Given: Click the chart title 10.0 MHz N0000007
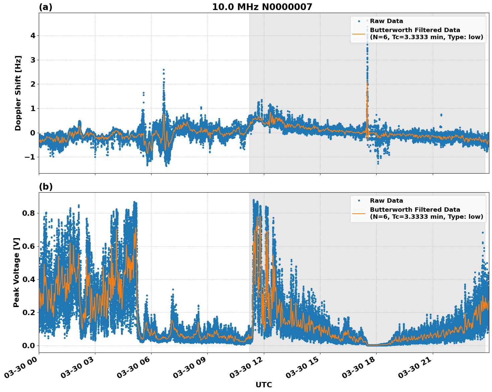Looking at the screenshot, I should [262, 7].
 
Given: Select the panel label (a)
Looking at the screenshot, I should [45, 7].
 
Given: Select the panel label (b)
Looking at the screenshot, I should [45, 187].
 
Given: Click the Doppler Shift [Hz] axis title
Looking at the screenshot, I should [18, 93].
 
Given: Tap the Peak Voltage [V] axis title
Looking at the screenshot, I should [16, 272].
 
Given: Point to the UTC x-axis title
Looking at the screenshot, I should [264, 385].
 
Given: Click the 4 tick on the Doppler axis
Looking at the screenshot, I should [33, 35].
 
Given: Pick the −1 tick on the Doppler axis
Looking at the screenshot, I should [31, 157].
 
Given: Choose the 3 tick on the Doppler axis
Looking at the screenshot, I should [33, 60].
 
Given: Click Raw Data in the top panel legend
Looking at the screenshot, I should [386, 21].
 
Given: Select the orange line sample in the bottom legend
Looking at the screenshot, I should [359, 213].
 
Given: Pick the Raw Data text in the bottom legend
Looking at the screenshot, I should [386, 201].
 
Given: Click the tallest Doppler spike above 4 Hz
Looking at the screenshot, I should [367, 21].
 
